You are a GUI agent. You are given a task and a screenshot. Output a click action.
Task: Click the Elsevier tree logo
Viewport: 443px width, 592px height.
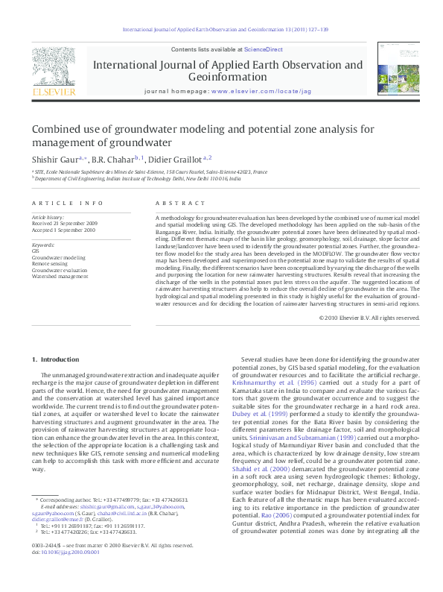[x=54, y=67]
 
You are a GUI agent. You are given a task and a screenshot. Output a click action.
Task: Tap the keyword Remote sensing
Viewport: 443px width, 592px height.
[x=51, y=264]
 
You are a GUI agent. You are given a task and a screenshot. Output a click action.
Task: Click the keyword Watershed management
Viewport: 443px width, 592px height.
[x=58, y=276]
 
